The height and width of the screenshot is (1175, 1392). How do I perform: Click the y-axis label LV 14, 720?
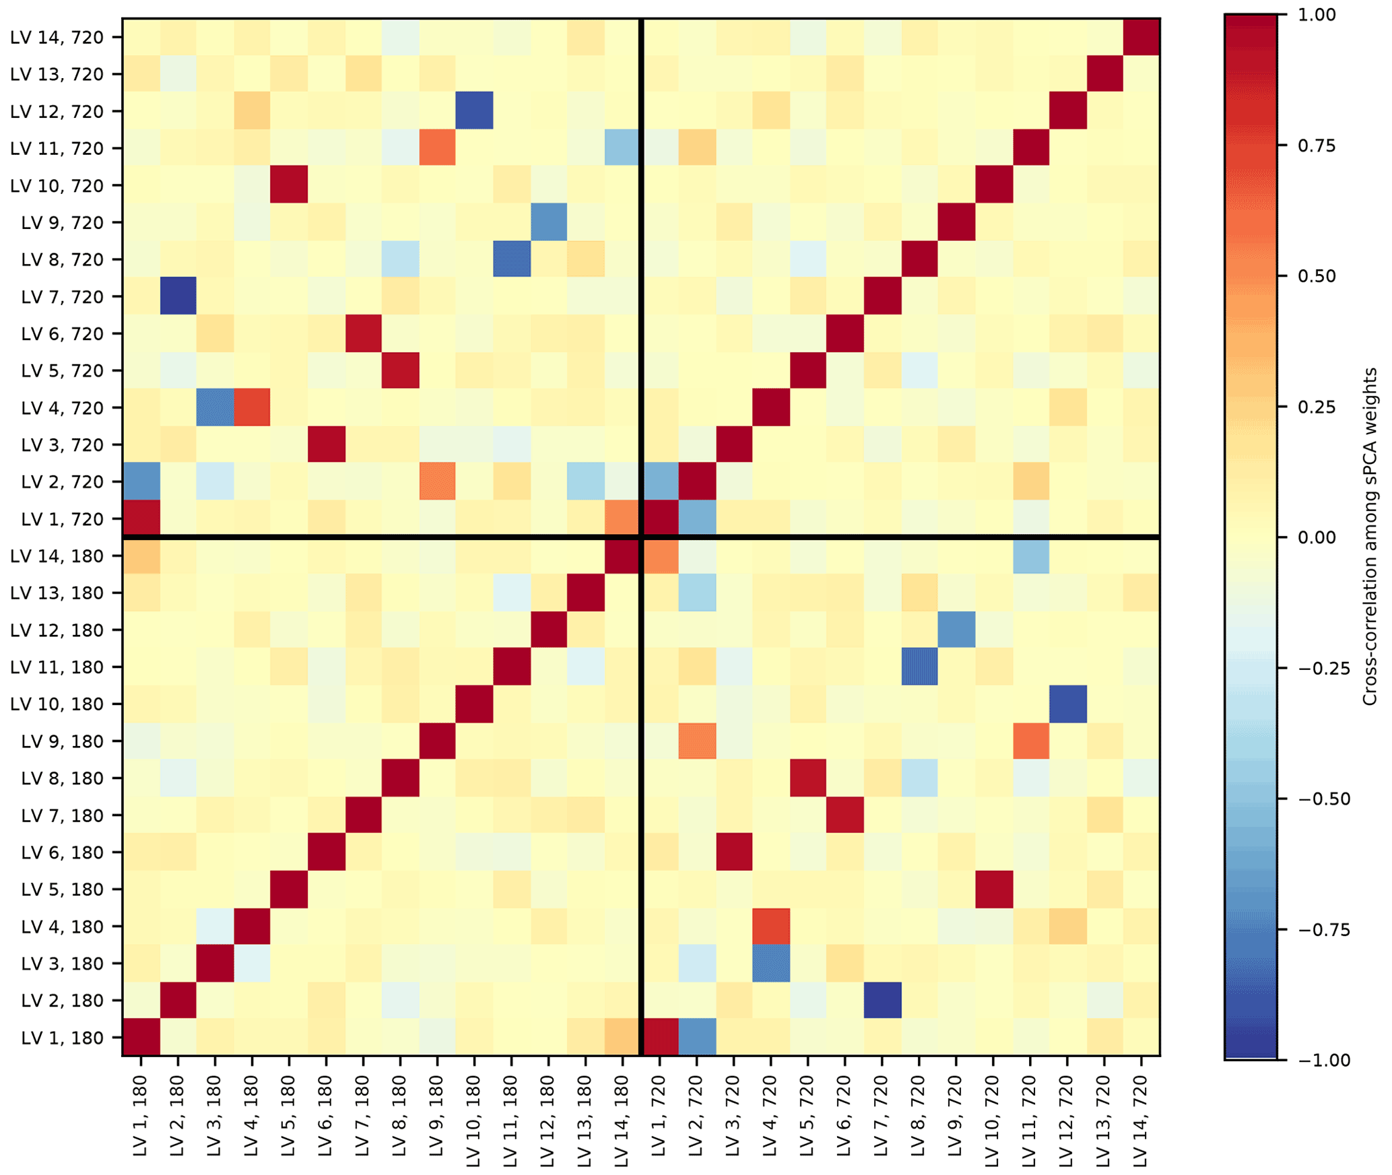pyautogui.click(x=57, y=38)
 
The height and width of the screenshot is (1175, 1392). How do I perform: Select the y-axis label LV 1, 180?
pyautogui.click(x=62, y=1038)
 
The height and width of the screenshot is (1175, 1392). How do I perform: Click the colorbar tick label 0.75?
pyautogui.click(x=1317, y=146)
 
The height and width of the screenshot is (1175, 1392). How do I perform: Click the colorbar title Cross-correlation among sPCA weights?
pyautogui.click(x=1370, y=537)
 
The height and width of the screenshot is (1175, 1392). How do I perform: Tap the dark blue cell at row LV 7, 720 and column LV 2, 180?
pyautogui.click(x=178, y=296)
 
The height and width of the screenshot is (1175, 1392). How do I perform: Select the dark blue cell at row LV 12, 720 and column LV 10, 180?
pyautogui.click(x=474, y=110)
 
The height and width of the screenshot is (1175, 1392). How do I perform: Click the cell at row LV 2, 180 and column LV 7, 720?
pyautogui.click(x=882, y=1000)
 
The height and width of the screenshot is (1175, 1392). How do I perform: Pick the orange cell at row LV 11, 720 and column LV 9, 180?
pyautogui.click(x=437, y=147)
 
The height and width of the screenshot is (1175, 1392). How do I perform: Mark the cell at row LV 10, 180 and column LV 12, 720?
pyautogui.click(x=1067, y=704)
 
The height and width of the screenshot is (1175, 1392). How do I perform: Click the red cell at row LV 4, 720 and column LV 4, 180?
pyautogui.click(x=252, y=407)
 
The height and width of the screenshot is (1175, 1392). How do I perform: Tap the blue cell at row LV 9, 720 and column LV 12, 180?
pyautogui.click(x=548, y=222)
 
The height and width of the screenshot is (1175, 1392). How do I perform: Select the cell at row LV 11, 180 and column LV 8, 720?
pyautogui.click(x=919, y=667)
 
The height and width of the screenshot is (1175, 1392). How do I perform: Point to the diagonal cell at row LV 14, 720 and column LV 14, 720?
pyautogui.click(x=1141, y=37)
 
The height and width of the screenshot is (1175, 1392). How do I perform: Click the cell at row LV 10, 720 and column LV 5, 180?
pyautogui.click(x=289, y=184)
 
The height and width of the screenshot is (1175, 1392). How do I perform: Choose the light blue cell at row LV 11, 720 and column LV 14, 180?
pyautogui.click(x=622, y=147)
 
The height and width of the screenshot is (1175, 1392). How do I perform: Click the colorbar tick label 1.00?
pyautogui.click(x=1317, y=15)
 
